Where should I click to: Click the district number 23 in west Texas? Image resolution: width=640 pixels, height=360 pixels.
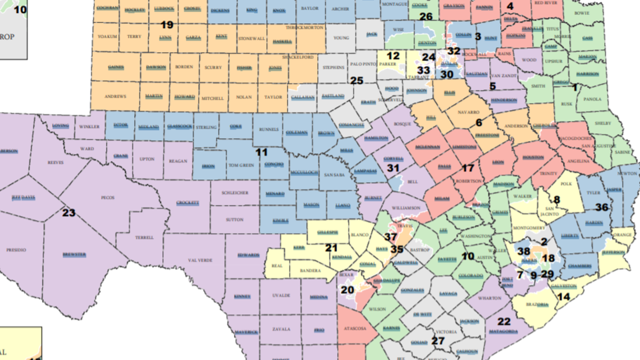click(68, 213)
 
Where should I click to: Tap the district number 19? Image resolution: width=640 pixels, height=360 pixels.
click(167, 25)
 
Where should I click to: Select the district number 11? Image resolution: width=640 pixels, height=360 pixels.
click(262, 152)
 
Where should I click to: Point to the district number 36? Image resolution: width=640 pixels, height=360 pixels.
click(601, 207)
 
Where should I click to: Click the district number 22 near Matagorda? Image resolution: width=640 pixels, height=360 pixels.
click(504, 321)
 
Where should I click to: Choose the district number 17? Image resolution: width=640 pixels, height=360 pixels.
click(468, 168)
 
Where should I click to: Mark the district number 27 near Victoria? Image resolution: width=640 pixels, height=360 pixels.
click(437, 341)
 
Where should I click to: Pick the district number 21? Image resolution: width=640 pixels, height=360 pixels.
click(332, 247)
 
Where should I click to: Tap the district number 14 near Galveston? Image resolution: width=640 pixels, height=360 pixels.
click(563, 297)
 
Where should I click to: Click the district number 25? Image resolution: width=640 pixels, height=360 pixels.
click(357, 80)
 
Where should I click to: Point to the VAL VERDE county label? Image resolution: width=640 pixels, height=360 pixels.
click(197, 260)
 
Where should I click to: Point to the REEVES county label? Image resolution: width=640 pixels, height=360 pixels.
click(56, 162)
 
